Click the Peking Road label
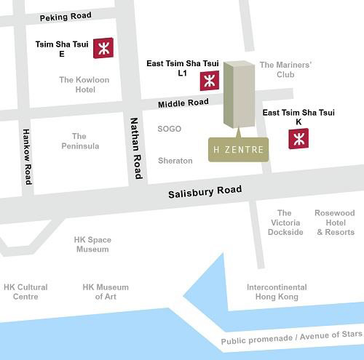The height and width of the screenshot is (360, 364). pos(66,17)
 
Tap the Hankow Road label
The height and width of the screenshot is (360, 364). pos(27,156)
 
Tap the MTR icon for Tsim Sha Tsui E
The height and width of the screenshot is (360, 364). pos(103,49)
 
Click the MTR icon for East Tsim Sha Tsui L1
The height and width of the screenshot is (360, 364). pos(210,80)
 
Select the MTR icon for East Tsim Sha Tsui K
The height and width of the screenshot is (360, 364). pos(298,138)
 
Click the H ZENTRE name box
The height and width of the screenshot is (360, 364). pos(238,151)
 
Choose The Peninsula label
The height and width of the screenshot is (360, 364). pos(79,141)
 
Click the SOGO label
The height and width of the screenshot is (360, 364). pos(169,129)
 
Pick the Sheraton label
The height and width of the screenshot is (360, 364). pos(175,161)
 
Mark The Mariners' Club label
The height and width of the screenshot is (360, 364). pos(285,70)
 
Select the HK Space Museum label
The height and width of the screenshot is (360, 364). pos(93,244)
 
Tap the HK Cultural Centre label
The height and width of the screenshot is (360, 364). pos(25,292)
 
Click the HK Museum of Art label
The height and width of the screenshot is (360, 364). pos(106,292)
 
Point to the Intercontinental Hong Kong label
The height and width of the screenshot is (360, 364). pos(277,292)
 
